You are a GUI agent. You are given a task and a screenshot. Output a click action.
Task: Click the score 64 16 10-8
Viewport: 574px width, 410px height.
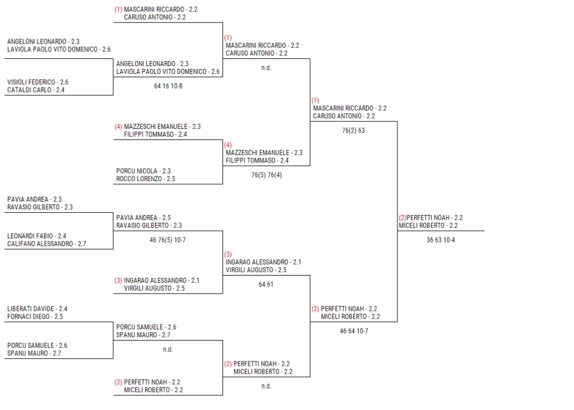[168, 86]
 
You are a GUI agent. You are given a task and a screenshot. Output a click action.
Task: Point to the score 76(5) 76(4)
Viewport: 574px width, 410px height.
[267, 175]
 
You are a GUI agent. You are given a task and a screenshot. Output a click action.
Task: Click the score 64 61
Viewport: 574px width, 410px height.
[266, 285]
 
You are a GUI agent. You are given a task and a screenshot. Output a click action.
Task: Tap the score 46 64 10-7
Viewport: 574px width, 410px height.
[354, 331]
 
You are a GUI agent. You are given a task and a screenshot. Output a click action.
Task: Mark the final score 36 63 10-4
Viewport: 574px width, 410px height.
[441, 240]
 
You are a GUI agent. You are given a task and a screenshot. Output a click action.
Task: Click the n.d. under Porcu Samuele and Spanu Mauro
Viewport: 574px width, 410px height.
[168, 350]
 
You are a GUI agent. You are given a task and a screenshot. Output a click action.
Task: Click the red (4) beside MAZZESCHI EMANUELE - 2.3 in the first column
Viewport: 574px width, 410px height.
[118, 127]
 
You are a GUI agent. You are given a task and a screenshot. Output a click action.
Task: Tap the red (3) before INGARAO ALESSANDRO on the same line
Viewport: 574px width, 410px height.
[118, 281]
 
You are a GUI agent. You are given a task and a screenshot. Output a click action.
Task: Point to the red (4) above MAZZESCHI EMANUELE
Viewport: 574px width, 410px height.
[228, 145]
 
